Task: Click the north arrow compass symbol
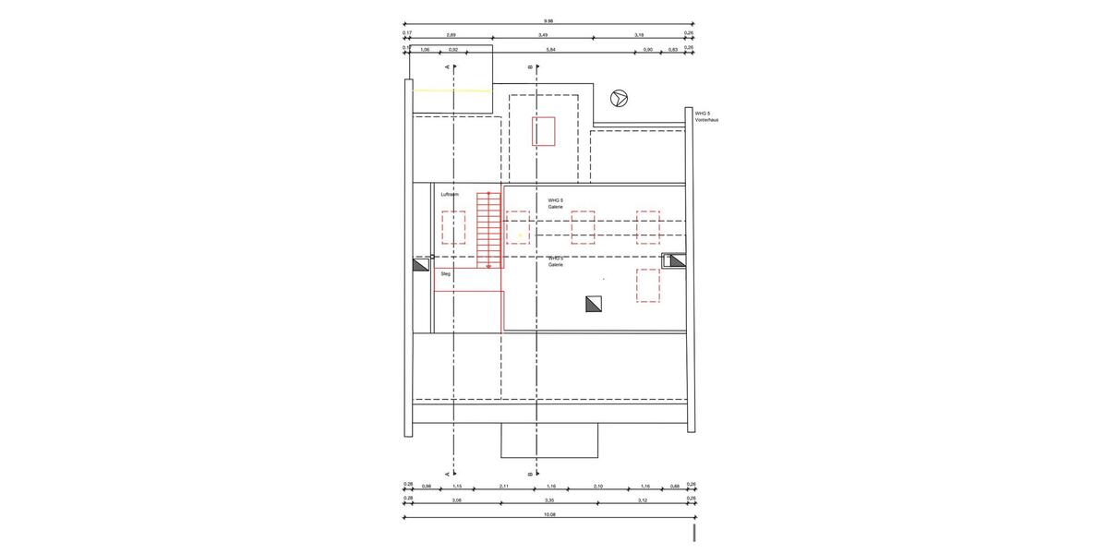point(620,97)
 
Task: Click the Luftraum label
point(450,195)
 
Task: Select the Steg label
point(445,274)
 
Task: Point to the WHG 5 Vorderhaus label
point(707,116)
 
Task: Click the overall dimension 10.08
point(549,514)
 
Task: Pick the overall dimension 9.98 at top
point(548,20)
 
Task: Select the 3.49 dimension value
point(542,34)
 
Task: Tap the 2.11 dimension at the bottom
point(503,486)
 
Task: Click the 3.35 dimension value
point(549,500)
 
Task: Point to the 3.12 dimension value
point(643,500)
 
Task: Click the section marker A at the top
point(448,67)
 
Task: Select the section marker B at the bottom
point(530,473)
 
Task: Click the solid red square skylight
point(543,131)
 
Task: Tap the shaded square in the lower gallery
point(592,303)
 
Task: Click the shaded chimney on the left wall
point(420,265)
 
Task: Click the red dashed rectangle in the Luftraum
point(452,227)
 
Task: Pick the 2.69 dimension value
point(452,34)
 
